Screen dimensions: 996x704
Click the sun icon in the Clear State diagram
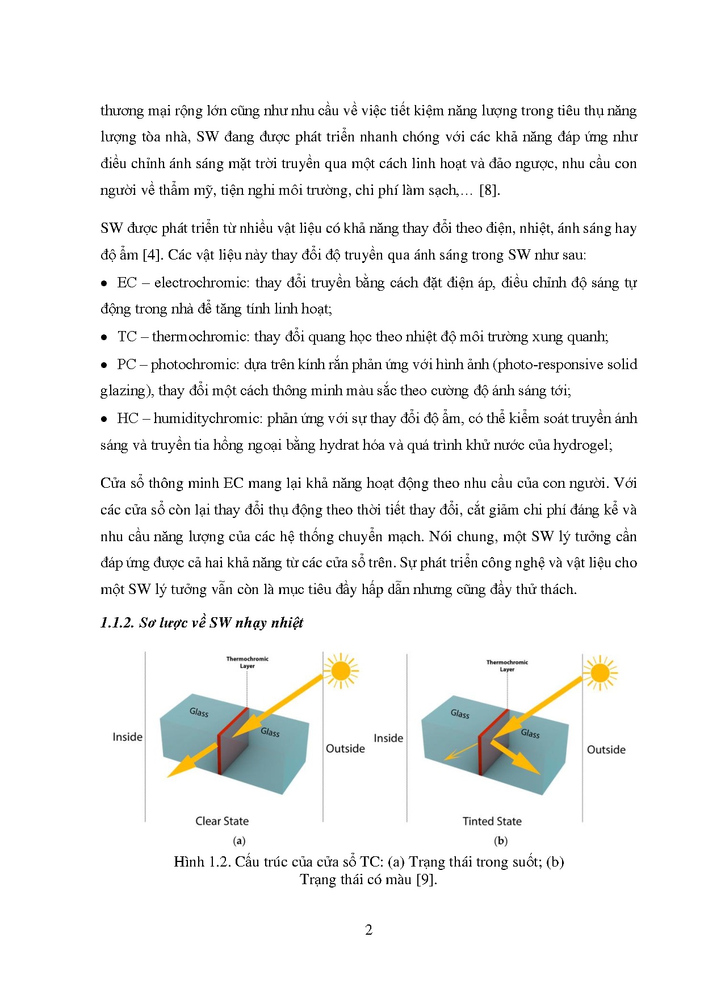tap(341, 671)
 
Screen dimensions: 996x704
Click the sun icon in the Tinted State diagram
tap(600, 673)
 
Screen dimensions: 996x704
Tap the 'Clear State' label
tap(222, 821)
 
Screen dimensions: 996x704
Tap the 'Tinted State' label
tap(492, 821)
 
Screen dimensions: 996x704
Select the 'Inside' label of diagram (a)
tap(127, 737)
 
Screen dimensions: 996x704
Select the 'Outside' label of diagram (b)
tap(606, 750)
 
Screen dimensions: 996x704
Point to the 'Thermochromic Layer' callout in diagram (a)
tap(247, 663)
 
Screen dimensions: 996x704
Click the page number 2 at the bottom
tap(368, 930)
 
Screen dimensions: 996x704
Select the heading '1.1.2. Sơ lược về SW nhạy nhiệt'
tap(202, 623)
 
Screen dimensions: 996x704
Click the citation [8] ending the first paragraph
tap(489, 190)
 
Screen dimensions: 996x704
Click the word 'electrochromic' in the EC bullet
tap(202, 283)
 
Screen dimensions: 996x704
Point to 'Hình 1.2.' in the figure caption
tap(196, 862)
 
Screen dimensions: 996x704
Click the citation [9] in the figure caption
tap(426, 880)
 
